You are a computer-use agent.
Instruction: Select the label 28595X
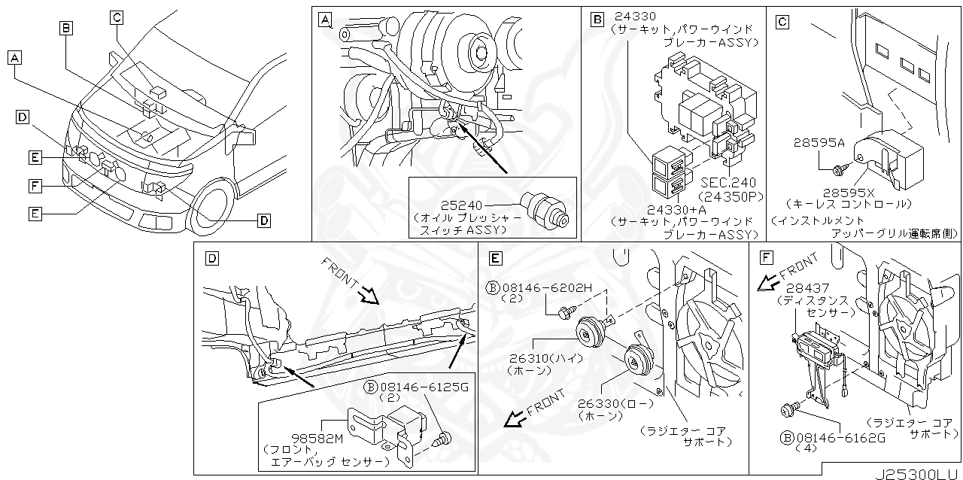(847, 192)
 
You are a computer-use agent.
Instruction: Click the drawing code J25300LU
(916, 473)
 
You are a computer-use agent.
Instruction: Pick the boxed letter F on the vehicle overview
(35, 184)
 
